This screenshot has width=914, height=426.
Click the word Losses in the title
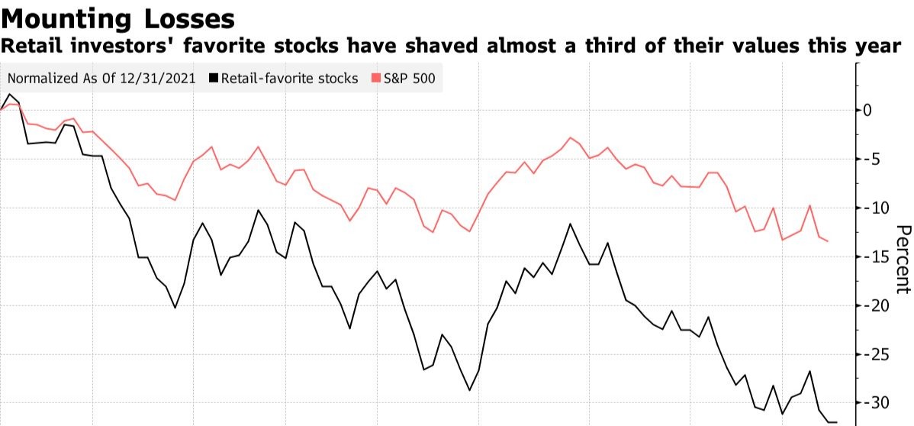[191, 18]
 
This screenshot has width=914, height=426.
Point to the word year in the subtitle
[877, 47]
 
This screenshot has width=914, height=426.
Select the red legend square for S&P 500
[375, 78]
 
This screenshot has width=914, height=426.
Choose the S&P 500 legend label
[410, 78]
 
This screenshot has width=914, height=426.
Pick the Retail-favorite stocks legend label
[289, 78]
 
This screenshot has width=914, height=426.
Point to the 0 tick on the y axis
[867, 110]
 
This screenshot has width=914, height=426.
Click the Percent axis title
[903, 259]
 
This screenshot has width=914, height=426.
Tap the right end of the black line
[837, 421]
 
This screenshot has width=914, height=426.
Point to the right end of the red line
[828, 241]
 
